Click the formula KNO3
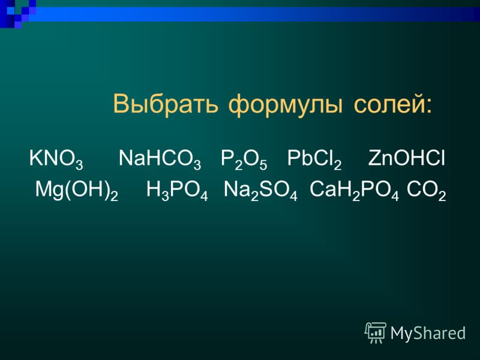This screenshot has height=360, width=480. [x=56, y=160]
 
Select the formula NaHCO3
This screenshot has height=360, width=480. [x=160, y=160]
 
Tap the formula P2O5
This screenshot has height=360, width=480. [x=244, y=160]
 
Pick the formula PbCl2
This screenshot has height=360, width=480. [x=314, y=160]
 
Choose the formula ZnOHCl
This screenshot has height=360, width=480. [x=407, y=158]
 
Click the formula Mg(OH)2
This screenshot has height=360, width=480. [x=77, y=191]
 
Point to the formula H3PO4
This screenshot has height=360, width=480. [x=177, y=191]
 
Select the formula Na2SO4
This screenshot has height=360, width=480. [x=260, y=191]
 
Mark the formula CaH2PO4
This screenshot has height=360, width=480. [x=354, y=191]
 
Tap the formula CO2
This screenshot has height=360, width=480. [x=427, y=191]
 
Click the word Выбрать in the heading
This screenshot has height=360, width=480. [x=166, y=104]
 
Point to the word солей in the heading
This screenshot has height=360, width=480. [x=388, y=104]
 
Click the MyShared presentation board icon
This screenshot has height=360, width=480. [x=376, y=333]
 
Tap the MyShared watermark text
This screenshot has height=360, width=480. [x=428, y=333]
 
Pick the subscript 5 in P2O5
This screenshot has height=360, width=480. [x=263, y=164]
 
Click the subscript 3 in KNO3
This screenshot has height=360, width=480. [x=79, y=164]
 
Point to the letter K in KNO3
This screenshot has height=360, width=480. [x=35, y=158]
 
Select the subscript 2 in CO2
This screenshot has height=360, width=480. [x=442, y=196]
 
